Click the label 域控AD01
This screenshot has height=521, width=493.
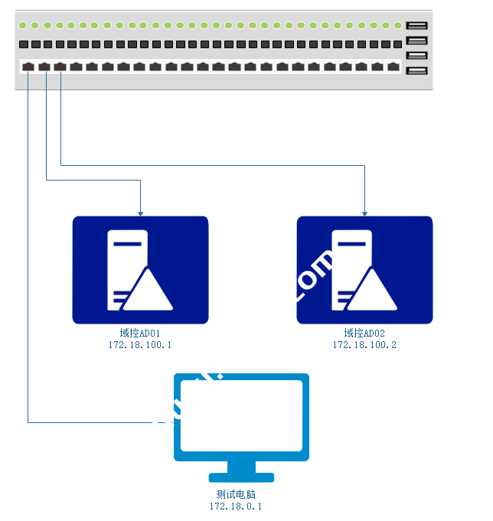coord(140,333)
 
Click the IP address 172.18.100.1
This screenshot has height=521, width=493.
coord(140,345)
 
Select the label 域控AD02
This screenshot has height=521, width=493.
coord(364,333)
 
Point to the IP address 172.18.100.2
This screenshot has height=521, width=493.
coord(364,345)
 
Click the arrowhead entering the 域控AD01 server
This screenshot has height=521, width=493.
coord(140,212)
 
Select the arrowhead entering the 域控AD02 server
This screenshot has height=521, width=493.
coord(364,212)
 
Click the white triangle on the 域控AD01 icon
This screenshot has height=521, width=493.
coord(147,291)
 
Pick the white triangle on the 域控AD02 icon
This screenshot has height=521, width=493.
coord(372,291)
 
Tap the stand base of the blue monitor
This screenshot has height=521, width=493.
coord(241,477)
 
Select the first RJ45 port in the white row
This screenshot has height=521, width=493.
coord(28,67)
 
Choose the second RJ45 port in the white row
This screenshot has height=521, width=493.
coord(44,67)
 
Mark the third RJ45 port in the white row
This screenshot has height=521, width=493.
coord(60,67)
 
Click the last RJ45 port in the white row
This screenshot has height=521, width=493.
coord(393,67)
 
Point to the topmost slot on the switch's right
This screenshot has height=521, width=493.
coord(417,26)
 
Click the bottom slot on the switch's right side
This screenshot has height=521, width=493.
coord(417,71)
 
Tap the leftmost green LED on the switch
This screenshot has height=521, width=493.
coord(24,26)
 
